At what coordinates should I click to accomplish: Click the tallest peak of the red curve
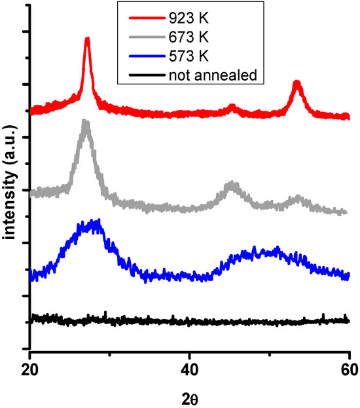click(x=87, y=41)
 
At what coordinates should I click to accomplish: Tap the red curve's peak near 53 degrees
click(x=297, y=84)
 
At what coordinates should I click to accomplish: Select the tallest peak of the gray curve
click(x=85, y=122)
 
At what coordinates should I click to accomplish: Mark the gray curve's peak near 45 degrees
click(x=230, y=186)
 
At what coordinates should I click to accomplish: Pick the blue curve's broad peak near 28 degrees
click(x=92, y=224)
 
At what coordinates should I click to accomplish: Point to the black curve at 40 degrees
click(x=190, y=322)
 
